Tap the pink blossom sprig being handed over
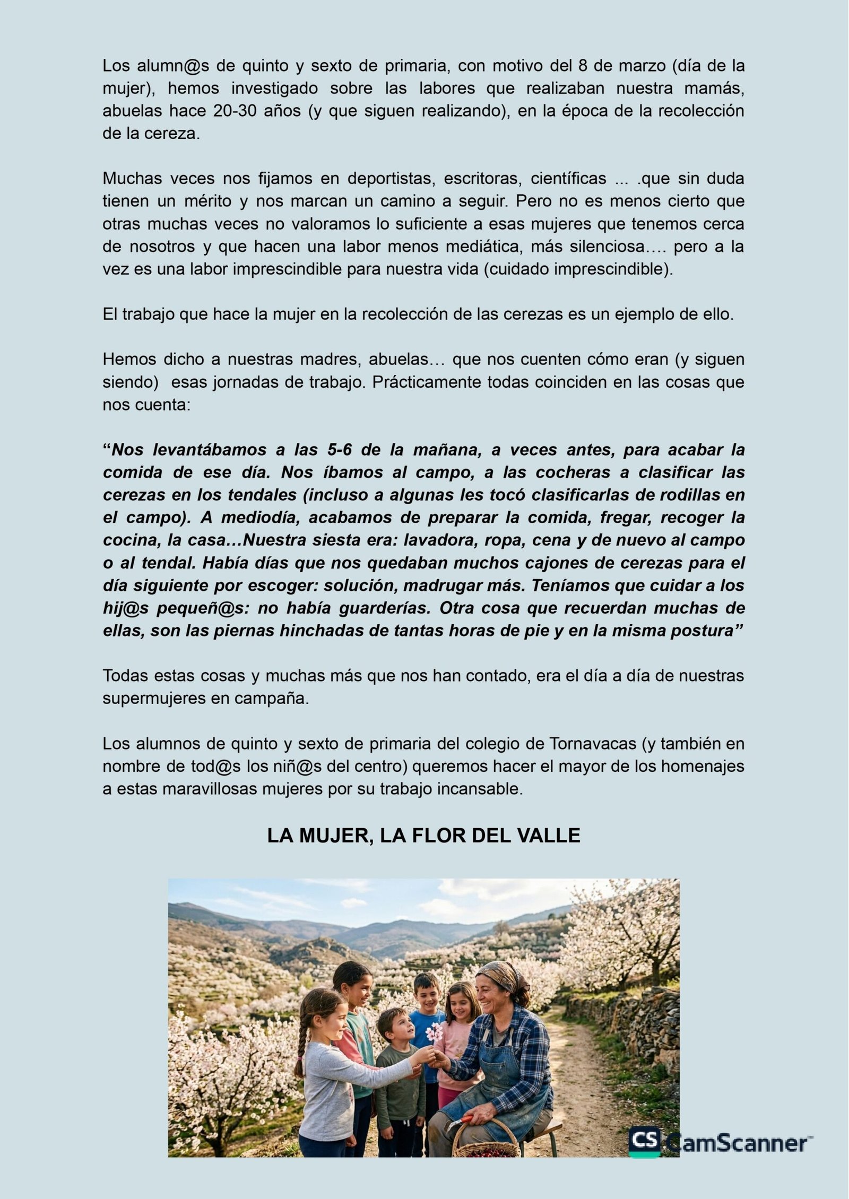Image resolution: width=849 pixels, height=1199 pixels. tap(434, 1032)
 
